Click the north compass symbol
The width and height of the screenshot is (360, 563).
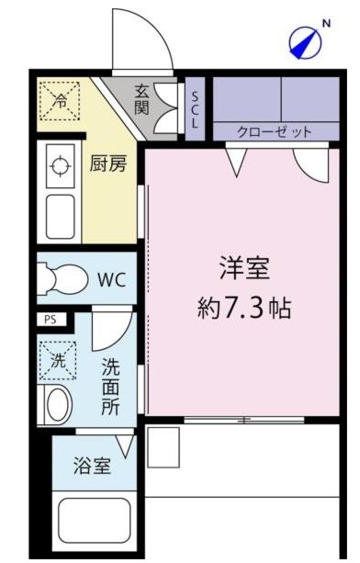[x=308, y=40]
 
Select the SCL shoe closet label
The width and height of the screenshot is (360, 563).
[x=195, y=108]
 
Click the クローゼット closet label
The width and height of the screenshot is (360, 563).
[x=275, y=132]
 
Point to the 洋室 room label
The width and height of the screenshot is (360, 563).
[x=243, y=270]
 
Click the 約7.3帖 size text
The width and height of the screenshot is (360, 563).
[x=244, y=308]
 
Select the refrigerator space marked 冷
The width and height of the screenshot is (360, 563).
[x=60, y=99]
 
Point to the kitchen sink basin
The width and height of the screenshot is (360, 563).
[x=61, y=214]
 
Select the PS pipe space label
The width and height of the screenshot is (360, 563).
[x=50, y=320]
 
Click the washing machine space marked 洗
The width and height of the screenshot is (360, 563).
[x=58, y=359]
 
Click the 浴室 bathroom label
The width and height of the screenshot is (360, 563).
[x=93, y=465]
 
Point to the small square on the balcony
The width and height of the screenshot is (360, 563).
[x=163, y=447]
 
